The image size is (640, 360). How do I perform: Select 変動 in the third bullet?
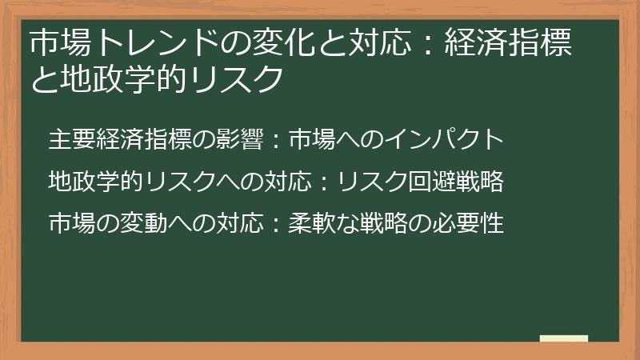click(139, 222)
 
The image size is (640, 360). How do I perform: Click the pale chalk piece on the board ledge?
click(563, 338)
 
